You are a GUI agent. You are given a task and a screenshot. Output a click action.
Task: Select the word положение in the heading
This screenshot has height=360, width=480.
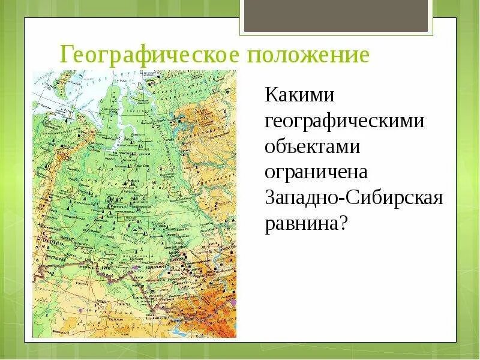[307, 56]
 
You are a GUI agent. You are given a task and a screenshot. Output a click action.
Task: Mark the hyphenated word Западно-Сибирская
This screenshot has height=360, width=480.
[354, 199]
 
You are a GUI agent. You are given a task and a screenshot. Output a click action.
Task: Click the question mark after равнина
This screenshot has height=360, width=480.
[344, 224]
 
